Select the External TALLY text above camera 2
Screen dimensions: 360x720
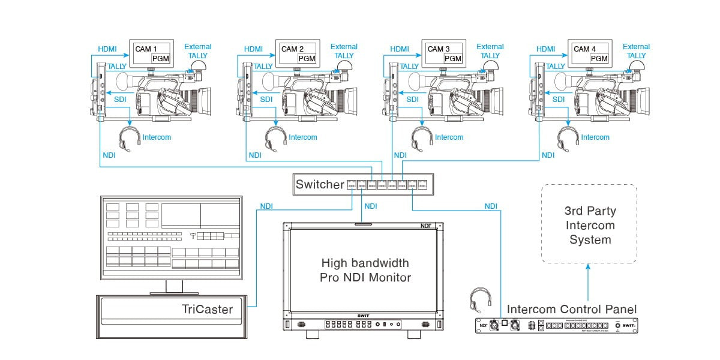[344, 51]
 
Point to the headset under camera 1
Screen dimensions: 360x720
[127, 137]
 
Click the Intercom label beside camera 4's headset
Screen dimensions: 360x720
[595, 137]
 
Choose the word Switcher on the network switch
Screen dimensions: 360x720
[319, 185]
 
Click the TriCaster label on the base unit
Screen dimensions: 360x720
[206, 310]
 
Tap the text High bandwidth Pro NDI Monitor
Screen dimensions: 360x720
[365, 270]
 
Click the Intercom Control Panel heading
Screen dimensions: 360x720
[572, 310]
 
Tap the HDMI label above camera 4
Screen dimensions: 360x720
[545, 49]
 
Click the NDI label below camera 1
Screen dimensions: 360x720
[109, 155]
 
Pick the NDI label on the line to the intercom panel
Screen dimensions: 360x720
[491, 206]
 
